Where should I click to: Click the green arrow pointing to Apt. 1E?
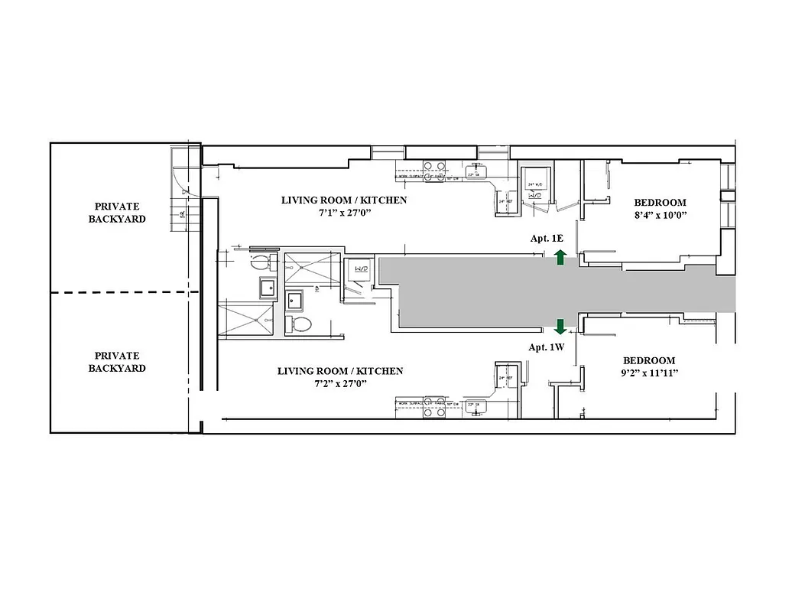[560, 257]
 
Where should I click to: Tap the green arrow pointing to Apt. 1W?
[560, 327]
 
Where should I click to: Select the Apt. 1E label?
[547, 239]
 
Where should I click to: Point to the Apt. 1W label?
[547, 347]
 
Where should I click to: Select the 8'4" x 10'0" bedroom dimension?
[661, 215]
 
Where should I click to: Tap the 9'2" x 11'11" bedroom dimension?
[649, 373]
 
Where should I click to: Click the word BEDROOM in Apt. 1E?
[661, 203]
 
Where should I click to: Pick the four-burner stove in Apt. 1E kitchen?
[434, 166]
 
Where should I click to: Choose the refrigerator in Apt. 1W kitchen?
[505, 378]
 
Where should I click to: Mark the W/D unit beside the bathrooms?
[359, 271]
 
